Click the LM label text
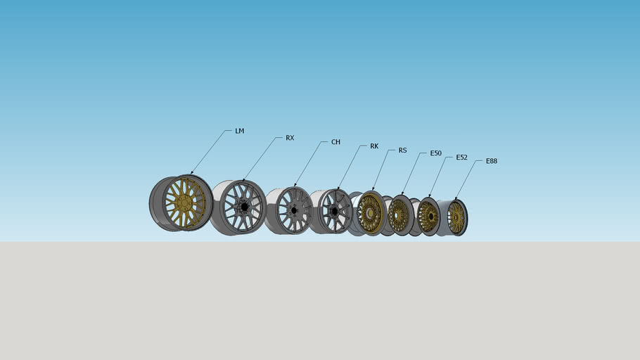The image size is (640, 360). tap(240, 131)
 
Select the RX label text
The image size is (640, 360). tap(290, 138)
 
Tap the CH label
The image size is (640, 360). tap(335, 142)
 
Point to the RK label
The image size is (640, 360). tap(374, 146)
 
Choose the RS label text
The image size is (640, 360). tap(402, 150)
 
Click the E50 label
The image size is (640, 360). tap(435, 153)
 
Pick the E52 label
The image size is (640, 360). tap(461, 157)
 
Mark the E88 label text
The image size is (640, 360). tap(491, 161)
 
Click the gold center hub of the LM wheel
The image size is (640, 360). tap(184, 202)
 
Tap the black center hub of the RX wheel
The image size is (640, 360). tap(244, 207)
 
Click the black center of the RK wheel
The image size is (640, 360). tap(333, 211)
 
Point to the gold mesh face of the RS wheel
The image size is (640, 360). tap(369, 213)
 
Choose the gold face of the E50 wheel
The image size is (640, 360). tap(399, 214)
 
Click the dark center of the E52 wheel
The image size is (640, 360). tap(427, 217)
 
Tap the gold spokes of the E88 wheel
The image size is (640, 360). tap(456, 218)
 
